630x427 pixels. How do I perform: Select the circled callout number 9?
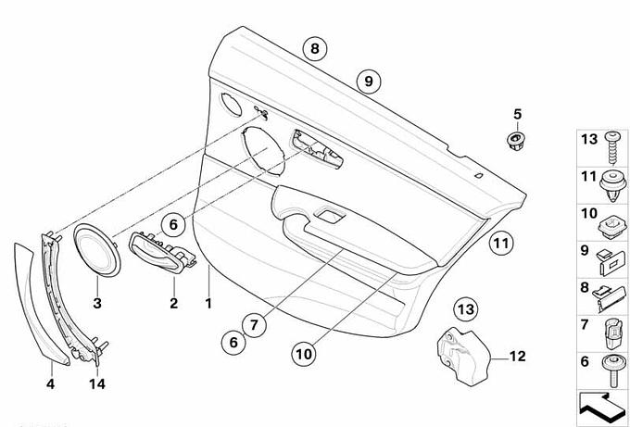point(367,82)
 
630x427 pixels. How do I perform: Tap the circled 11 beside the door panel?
point(500,245)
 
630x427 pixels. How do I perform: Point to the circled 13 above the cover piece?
point(465,308)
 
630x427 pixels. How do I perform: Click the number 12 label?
point(517,354)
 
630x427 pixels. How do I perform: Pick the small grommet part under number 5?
point(514,140)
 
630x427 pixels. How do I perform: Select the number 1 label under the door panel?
point(208,304)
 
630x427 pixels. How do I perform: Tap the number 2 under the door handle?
point(171,303)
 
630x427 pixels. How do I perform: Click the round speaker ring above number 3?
point(96,250)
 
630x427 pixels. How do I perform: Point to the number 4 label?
point(51,383)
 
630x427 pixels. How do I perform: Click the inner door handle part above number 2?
point(162,252)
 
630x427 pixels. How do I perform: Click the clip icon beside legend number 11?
point(611,181)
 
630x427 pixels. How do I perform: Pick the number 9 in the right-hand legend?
point(585,250)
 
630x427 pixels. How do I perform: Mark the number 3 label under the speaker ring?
point(97,303)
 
